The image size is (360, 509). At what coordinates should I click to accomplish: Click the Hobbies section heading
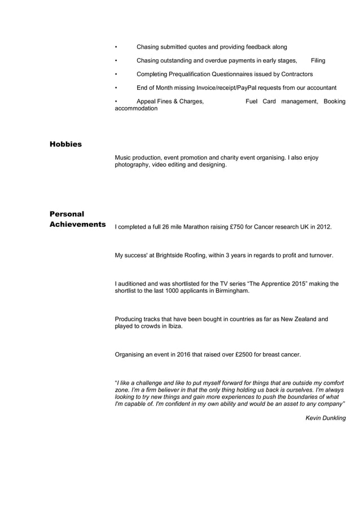coord(65,144)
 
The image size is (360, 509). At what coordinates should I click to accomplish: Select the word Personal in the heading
coord(67,214)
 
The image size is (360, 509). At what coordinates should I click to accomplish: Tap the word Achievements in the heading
coord(77,225)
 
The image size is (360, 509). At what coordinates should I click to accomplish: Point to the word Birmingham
coord(230,291)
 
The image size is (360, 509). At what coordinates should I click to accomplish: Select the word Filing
coord(318,60)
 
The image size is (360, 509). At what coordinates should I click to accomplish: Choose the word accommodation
coord(136,108)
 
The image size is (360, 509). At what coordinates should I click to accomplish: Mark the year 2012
coord(324,227)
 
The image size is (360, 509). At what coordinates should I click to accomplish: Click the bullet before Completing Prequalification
coord(116,74)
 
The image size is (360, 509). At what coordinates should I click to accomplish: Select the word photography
coord(133,165)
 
